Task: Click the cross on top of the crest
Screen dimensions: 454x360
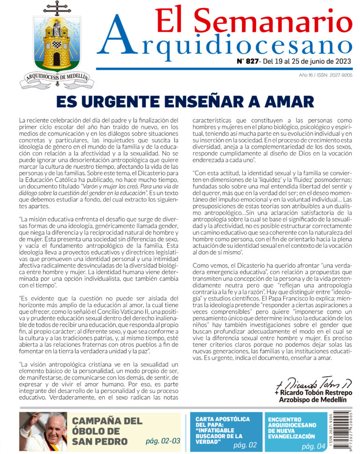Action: point(57,9)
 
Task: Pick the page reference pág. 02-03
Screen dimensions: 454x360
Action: point(163,441)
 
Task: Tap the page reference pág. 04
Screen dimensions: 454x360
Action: point(313,446)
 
